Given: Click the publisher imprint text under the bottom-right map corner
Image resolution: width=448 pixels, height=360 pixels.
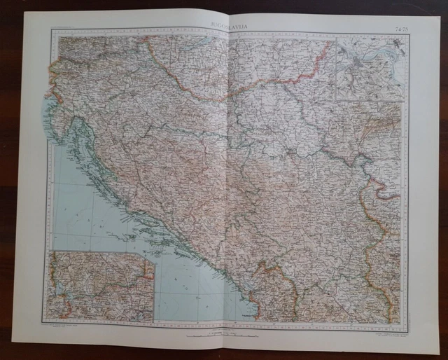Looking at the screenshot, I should [x=381, y=328].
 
